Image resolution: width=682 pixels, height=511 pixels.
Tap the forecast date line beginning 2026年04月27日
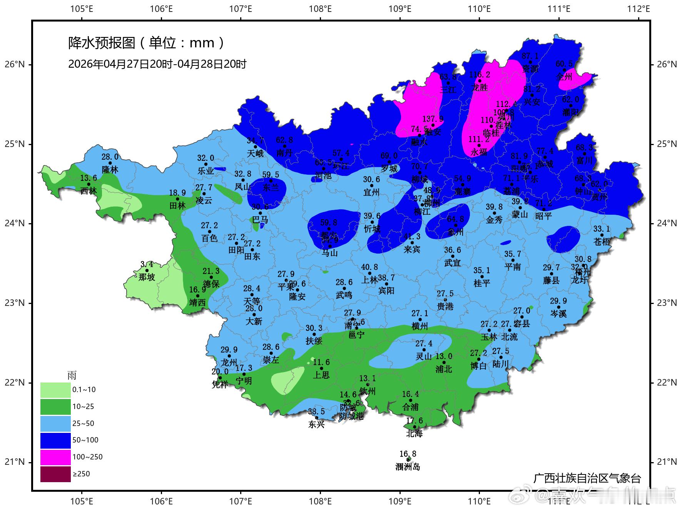(x=157, y=64)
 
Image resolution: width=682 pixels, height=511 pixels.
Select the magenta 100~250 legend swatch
(x=55, y=457)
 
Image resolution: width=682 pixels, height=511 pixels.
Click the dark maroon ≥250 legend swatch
(x=55, y=474)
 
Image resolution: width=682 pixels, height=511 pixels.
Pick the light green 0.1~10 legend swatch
(x=55, y=390)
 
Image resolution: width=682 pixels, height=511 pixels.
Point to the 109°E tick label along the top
(x=400, y=8)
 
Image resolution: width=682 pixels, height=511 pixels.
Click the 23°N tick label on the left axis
(x=15, y=303)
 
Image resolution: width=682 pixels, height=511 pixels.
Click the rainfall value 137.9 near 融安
(x=433, y=119)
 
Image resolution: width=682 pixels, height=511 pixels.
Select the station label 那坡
(x=147, y=277)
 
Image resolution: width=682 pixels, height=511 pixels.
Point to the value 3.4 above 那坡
(x=147, y=264)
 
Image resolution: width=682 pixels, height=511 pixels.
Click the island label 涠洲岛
(x=408, y=467)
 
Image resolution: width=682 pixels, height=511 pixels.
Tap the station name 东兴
(x=316, y=425)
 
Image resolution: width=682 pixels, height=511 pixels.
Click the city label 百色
(x=209, y=238)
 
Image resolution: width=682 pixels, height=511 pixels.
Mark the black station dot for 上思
(x=321, y=368)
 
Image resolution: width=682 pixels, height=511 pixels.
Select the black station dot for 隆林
(x=110, y=163)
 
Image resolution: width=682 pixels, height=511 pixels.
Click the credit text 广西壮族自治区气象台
(x=587, y=478)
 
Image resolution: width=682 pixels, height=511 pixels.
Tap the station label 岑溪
(x=558, y=314)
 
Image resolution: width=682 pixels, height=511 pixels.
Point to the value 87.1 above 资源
(x=530, y=56)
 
